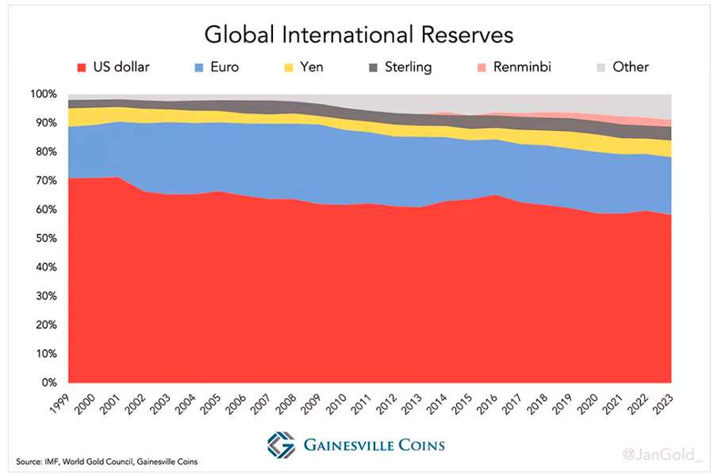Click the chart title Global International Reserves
point(359,35)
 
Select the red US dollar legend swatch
point(80,67)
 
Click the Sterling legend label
point(408,67)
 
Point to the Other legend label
point(631,67)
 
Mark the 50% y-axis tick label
point(45,239)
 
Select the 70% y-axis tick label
point(45,181)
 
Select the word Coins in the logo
point(415,445)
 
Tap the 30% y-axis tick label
point(45,297)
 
